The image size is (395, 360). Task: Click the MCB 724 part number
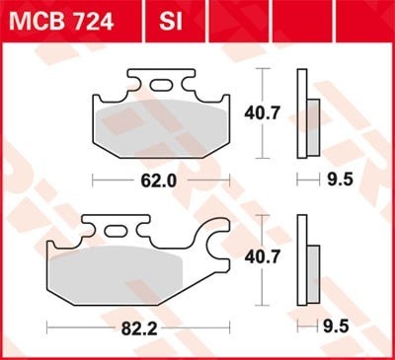tap(61, 22)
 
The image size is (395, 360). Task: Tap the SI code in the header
tap(171, 22)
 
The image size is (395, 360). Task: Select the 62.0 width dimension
tap(159, 180)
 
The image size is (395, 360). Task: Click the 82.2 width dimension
tap(139, 328)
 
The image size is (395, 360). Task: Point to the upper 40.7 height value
tap(262, 113)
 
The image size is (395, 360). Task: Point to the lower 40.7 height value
tap(263, 256)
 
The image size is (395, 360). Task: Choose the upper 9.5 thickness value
tap(340, 180)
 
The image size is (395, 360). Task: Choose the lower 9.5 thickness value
tap(336, 326)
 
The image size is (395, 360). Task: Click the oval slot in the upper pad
tap(161, 85)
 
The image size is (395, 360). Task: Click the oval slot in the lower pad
tap(116, 231)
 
